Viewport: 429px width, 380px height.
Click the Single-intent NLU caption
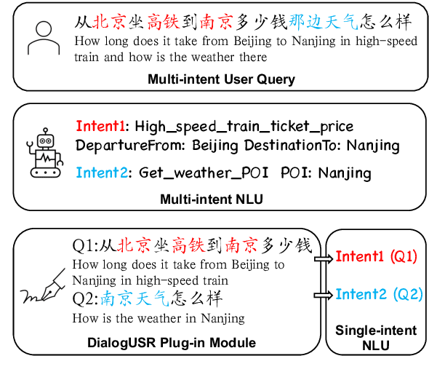375,339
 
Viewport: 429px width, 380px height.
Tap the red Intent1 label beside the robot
102,126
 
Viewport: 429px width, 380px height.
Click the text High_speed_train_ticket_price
244,126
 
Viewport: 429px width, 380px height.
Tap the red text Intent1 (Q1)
375,257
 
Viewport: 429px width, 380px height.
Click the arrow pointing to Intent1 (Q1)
321,257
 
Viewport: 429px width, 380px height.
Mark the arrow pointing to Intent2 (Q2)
321,294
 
